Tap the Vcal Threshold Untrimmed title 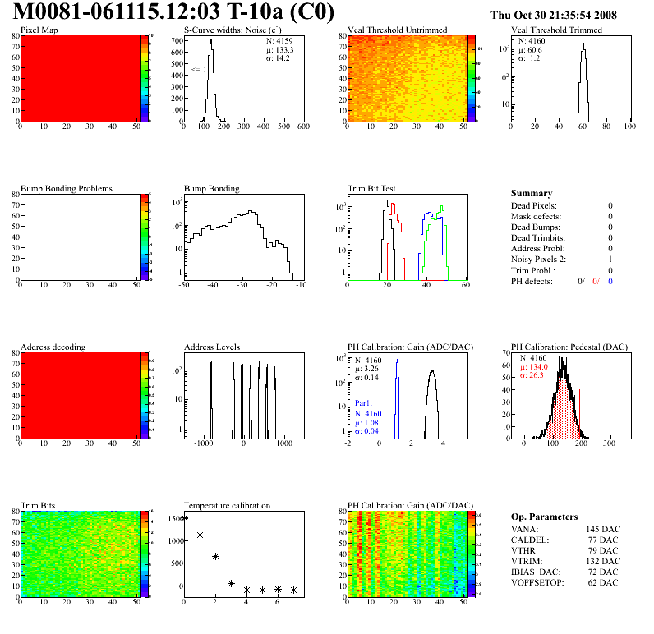[x=398, y=30]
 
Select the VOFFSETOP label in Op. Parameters [x=540, y=582]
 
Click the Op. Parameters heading [x=544, y=517]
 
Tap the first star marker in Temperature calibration [x=184, y=517]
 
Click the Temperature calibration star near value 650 [x=215, y=556]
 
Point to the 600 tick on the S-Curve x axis [x=303, y=126]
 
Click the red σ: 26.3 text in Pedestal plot [x=535, y=377]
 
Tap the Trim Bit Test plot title [x=372, y=188]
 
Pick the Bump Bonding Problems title [x=67, y=188]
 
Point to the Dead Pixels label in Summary [x=534, y=205]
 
